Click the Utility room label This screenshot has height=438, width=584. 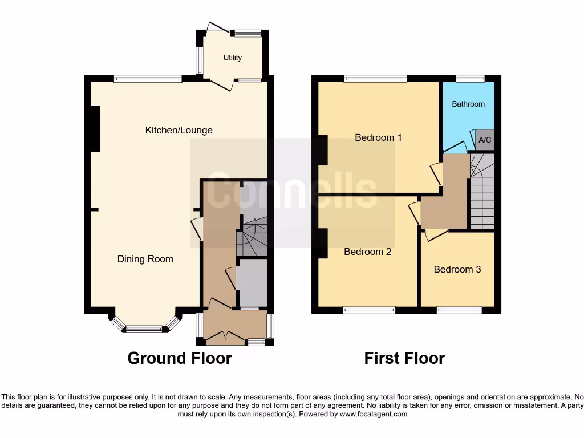233,58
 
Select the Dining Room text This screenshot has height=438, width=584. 145,259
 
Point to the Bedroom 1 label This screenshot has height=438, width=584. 378,137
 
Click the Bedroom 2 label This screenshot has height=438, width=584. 367,252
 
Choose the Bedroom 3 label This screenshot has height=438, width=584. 457,269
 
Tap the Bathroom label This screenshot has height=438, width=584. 468,104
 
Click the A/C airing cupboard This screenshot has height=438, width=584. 485,140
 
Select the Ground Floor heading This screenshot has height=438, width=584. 180,358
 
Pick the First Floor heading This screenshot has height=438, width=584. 404,358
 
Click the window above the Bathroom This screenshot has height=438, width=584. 470,79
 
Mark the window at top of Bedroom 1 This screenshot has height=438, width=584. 375,79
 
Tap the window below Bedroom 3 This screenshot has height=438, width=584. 459,310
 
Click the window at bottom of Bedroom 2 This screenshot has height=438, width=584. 369,310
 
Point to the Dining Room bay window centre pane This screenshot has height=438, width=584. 144,328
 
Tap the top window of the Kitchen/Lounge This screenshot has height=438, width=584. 147,79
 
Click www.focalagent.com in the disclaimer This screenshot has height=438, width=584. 374,414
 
